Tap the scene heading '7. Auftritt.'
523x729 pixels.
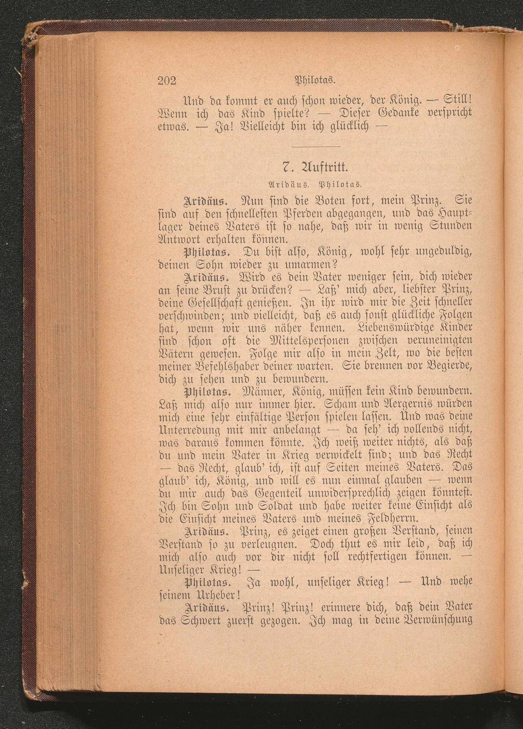point(315,167)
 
